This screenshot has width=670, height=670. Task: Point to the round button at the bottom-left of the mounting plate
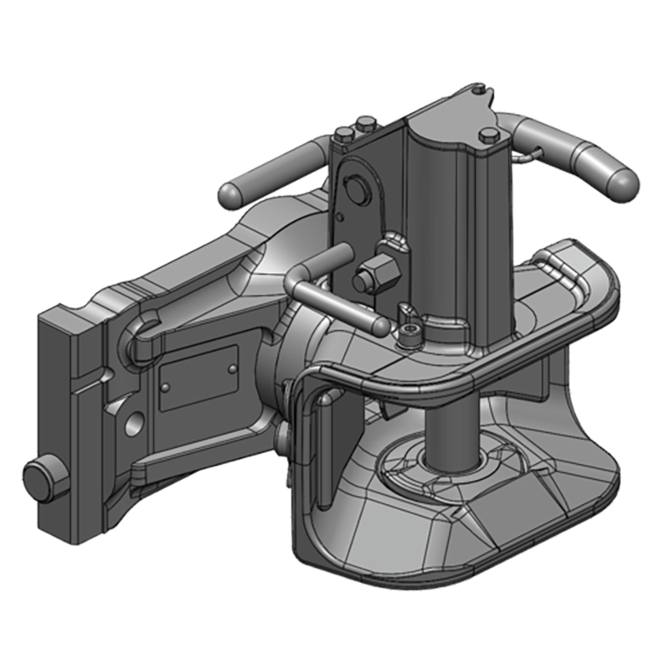point(39,482)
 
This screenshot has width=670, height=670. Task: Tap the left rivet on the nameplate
point(166,387)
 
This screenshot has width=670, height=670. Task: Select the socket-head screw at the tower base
point(409,337)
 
